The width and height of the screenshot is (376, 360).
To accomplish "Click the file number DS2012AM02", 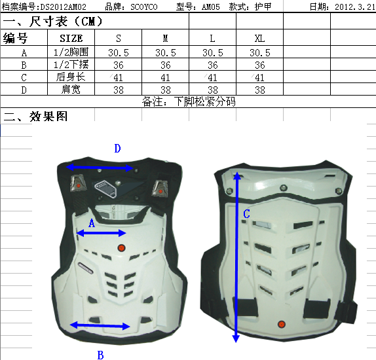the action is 63,7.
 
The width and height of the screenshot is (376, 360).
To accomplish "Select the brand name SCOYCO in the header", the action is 144,7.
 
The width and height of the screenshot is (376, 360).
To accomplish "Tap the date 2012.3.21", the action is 355,7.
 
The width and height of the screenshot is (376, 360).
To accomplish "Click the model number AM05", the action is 211,7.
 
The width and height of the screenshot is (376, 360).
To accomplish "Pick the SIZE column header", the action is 71,39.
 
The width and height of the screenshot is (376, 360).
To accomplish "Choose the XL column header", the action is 259,39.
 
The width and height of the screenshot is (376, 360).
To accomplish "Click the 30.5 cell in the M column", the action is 166,53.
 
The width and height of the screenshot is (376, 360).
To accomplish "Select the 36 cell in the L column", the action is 213,65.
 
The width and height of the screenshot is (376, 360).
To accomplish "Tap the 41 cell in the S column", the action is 118,78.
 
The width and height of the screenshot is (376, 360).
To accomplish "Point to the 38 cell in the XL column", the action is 259,90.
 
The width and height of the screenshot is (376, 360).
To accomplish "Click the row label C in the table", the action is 24,78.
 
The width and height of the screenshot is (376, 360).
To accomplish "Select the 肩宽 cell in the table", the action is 71,90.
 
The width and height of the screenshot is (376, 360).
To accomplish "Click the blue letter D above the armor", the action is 117,149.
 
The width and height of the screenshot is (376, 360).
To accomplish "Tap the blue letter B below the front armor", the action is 100,355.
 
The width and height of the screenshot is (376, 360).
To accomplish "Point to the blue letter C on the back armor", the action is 246,214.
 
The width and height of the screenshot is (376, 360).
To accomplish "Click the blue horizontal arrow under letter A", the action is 101,233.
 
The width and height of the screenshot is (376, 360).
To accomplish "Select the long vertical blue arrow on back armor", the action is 236,257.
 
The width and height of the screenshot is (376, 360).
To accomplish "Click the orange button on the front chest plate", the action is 122,247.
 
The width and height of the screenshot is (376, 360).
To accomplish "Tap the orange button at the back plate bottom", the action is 282,325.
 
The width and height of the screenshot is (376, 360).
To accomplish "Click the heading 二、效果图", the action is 35,117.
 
